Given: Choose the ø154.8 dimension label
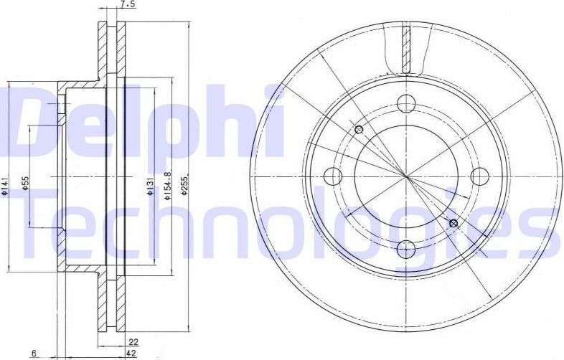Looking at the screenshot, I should pos(167,184).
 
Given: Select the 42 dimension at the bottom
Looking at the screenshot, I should pos(131,353).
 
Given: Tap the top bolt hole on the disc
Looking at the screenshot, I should pos(405,102).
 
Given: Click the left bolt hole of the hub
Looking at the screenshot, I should pos(332,175).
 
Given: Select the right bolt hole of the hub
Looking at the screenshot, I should pos(479,175).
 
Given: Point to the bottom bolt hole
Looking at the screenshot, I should pos(405,248).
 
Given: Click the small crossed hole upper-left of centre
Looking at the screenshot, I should pos(359,130).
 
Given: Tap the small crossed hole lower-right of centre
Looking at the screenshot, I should pos(452,223).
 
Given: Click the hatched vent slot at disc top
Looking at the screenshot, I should pos(406,49).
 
